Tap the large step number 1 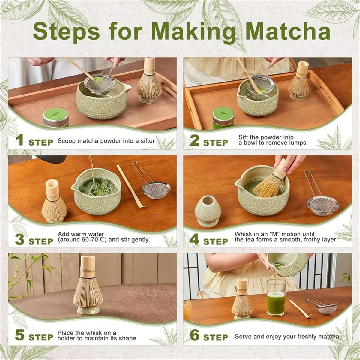[20, 140]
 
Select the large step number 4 [194, 239]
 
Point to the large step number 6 [195, 335]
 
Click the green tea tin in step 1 [55, 118]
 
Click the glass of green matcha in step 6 [276, 298]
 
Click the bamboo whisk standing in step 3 [54, 201]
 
